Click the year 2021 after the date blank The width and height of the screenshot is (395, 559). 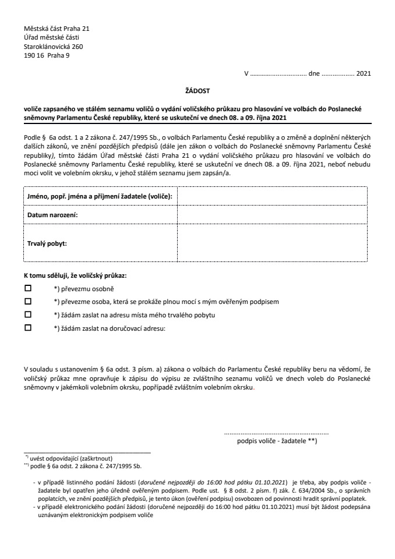coord(363,74)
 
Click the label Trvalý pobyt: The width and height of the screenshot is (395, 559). coord(47,244)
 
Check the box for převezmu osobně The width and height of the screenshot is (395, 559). coord(27,289)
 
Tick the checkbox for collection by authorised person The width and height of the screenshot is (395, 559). coord(27,302)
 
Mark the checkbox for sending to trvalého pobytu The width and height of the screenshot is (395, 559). coord(27,315)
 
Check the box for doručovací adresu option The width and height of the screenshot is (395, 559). coord(27,328)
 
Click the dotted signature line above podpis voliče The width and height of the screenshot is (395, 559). coord(276,434)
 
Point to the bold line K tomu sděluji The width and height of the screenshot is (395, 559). coord(75,275)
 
